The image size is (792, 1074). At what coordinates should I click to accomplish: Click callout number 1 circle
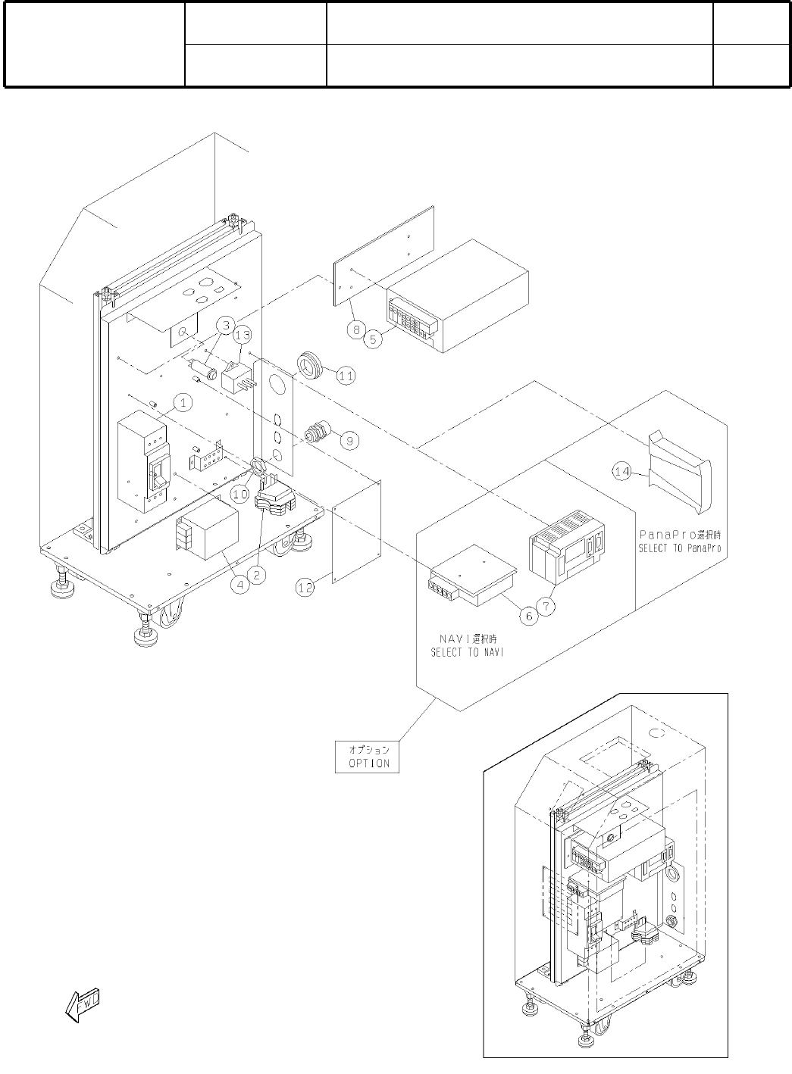(183, 402)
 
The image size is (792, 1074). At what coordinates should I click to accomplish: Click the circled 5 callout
(372, 340)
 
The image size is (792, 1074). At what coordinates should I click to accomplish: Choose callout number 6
(529, 616)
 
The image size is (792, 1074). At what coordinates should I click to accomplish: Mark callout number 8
(354, 329)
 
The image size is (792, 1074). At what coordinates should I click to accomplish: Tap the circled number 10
(240, 493)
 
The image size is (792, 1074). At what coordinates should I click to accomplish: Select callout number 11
(346, 374)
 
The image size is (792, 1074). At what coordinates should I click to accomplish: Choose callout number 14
(622, 471)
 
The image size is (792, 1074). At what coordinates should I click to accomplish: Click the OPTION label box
(367, 756)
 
